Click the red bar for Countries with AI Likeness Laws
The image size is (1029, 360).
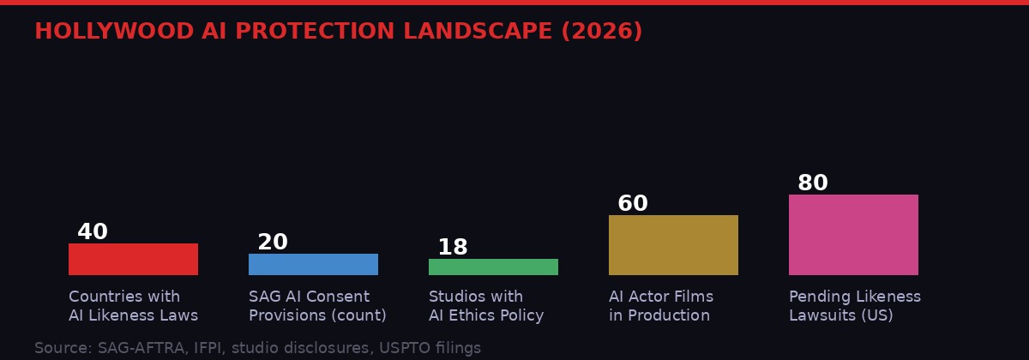coord(133,259)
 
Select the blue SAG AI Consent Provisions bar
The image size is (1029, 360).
coord(313,264)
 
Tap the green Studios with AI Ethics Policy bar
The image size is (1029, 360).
coord(493,267)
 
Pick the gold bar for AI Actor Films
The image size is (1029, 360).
coord(673,245)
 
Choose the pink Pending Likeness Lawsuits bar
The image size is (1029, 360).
coord(853,235)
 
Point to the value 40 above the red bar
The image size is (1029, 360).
coord(93,232)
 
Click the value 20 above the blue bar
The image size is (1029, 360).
coord(273,243)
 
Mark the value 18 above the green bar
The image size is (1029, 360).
coord(453,248)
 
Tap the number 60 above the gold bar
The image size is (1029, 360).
coord(633,204)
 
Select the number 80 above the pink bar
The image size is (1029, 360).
coord(813,183)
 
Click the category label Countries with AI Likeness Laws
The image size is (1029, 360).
coord(133,306)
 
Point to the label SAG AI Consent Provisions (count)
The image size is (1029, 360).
coord(317,306)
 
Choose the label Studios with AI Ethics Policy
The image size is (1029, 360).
coord(486,306)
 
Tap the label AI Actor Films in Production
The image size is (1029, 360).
coord(661,306)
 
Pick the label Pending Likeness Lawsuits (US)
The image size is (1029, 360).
coord(855,306)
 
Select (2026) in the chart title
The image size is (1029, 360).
coord(602,32)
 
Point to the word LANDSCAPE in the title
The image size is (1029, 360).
coord(478,32)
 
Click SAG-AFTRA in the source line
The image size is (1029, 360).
coord(135,348)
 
